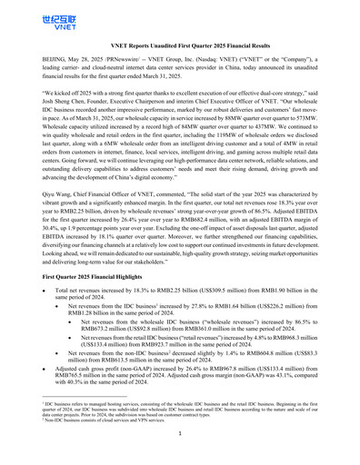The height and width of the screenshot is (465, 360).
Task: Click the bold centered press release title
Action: pyautogui.click(x=179, y=44)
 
